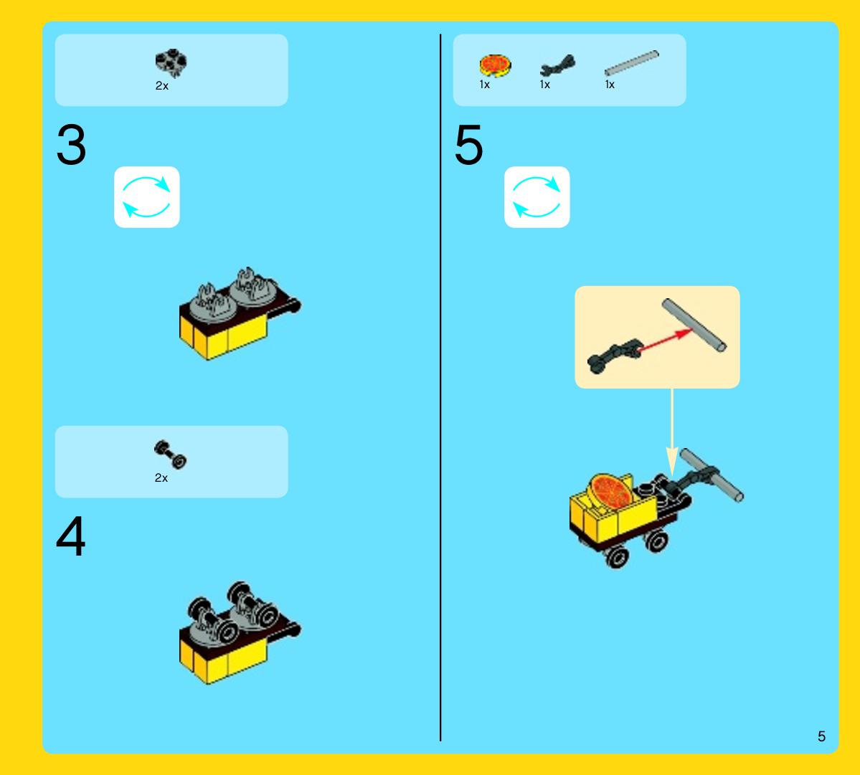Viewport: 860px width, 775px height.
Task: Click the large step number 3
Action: tap(71, 145)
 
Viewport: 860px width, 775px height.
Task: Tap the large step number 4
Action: tap(71, 536)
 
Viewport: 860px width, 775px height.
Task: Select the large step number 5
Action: tap(469, 145)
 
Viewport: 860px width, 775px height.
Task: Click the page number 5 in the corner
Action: tap(821, 736)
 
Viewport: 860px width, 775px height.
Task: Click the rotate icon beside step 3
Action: tap(146, 197)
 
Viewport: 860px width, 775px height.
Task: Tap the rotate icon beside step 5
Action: tap(537, 197)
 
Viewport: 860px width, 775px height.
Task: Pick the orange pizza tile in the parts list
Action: tap(495, 65)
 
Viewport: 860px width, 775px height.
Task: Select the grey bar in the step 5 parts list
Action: tap(631, 62)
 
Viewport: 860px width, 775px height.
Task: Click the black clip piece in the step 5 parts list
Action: tap(557, 66)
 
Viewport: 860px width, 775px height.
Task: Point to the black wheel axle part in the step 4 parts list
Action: tap(170, 455)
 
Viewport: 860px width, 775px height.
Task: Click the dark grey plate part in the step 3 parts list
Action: tap(171, 62)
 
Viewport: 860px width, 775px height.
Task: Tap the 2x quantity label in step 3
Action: tap(162, 86)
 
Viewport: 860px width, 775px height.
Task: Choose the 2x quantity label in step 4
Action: tap(161, 478)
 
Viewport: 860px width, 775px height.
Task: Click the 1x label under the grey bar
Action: tap(610, 85)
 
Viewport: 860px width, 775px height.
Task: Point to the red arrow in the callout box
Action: tap(665, 340)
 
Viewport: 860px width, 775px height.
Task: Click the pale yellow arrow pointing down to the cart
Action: tap(672, 432)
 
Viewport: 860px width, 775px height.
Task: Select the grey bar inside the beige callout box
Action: tap(694, 325)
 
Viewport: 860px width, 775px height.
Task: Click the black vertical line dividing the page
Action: tap(440, 387)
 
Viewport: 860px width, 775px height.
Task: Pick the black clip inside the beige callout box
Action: tap(615, 356)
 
